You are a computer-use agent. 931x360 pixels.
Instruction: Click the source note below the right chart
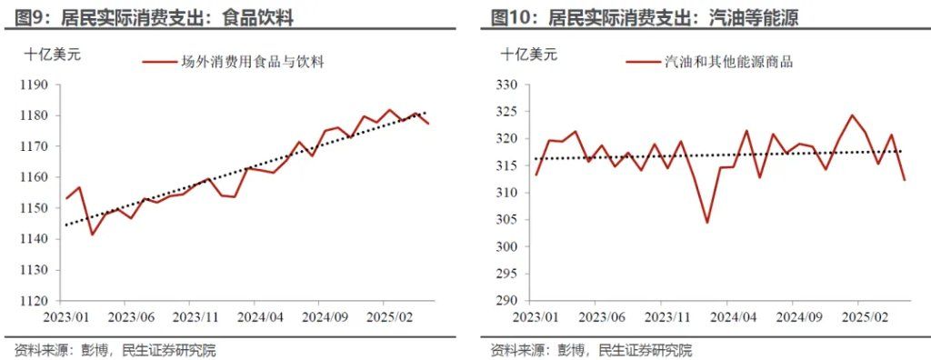click(x=591, y=350)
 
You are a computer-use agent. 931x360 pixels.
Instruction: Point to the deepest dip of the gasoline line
click(x=706, y=223)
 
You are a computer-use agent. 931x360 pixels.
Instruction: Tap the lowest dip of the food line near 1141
click(x=92, y=235)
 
